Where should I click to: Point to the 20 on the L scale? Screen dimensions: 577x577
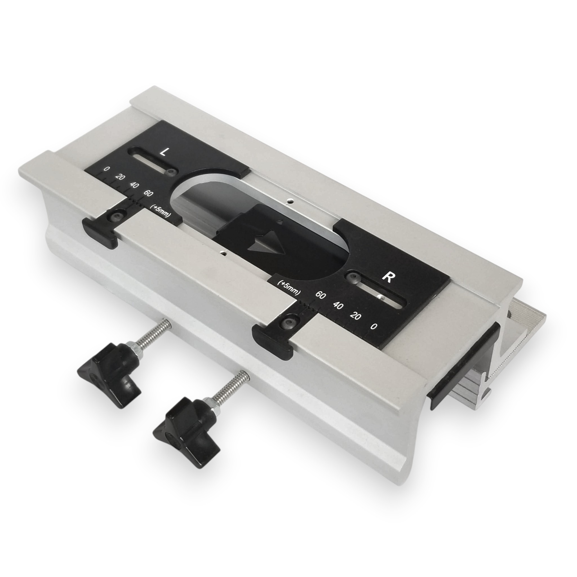pyautogui.click(x=120, y=177)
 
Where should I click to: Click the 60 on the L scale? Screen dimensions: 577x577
pyautogui.click(x=148, y=193)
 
